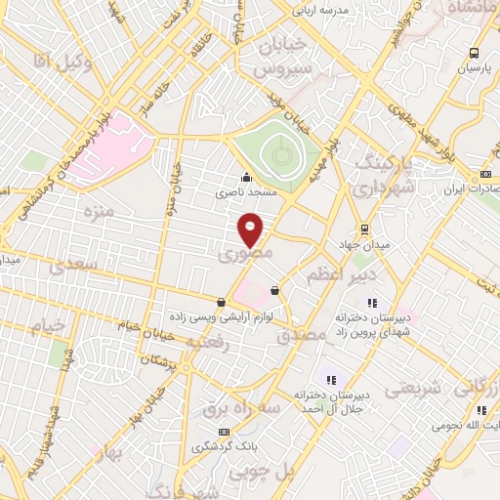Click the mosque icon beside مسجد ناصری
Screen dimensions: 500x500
(245, 178)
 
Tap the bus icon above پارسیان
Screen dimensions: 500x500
(475, 54)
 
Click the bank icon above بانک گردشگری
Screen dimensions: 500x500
(226, 431)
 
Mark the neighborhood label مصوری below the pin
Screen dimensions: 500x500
(242, 256)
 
